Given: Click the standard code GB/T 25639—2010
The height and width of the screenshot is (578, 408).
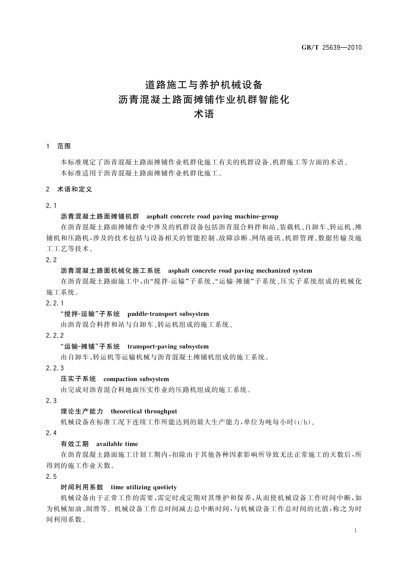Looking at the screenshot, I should tap(331, 48).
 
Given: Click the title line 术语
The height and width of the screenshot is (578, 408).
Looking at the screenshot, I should tap(204, 114).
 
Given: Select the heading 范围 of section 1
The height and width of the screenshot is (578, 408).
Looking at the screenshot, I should tap(64, 146).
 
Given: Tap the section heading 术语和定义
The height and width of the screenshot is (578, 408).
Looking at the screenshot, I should tap(75, 189).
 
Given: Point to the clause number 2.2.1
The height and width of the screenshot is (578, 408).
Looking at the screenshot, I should tap(55, 303).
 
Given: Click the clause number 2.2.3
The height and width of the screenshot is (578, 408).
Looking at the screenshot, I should tap(55, 368).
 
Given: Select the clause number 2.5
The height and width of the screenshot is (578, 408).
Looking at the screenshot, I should tap(51, 477).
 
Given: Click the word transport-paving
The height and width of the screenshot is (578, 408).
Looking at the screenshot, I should tap(152, 347).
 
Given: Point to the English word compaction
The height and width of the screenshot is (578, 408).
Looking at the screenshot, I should tap(120, 379).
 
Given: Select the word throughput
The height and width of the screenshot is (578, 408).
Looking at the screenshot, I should tap(160, 412).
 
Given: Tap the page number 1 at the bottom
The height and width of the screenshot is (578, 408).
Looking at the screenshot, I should tap(355, 531).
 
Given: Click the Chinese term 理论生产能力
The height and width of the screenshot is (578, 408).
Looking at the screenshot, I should tap(82, 412).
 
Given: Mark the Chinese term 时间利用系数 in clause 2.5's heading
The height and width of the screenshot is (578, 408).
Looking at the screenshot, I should tap(82, 487).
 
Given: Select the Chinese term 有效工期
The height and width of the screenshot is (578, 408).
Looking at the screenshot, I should tap(75, 444).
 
